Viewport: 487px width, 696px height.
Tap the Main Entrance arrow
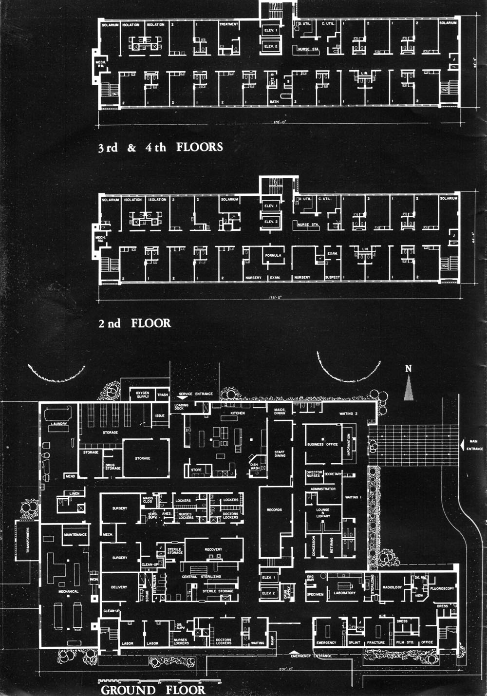tap(462, 444)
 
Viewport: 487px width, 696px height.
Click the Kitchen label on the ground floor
tap(237, 413)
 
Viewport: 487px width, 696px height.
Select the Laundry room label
tap(59, 424)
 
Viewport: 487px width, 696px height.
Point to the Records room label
tap(274, 509)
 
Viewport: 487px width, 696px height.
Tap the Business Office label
tap(322, 444)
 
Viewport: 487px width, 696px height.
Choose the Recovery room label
tap(213, 549)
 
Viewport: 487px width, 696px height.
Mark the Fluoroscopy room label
tap(442, 588)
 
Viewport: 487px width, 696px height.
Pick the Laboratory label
tap(344, 593)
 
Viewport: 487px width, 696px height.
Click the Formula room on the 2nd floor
tap(273, 255)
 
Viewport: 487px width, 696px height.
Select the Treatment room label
tap(228, 24)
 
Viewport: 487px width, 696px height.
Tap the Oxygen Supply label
tap(142, 395)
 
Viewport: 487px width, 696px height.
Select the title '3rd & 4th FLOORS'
tap(160, 148)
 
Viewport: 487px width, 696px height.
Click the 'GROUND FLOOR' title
tap(153, 690)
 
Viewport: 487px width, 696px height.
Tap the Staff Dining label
tap(280, 453)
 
